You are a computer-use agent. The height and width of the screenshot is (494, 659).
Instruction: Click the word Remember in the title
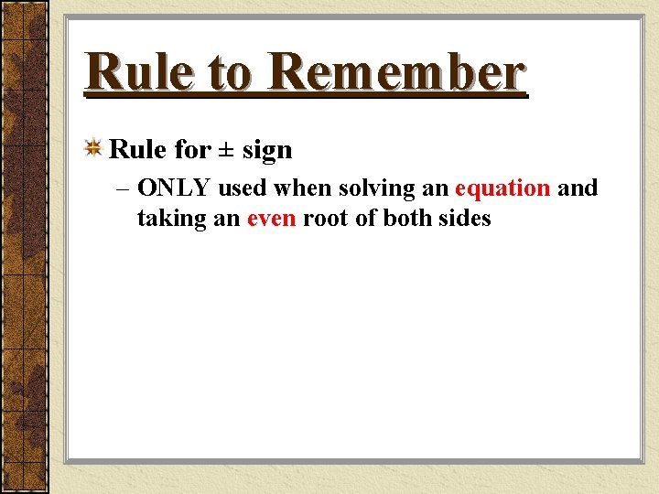[398, 73]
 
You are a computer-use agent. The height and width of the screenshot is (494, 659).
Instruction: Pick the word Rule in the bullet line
[137, 149]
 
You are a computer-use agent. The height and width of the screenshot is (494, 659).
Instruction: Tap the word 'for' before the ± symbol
[192, 149]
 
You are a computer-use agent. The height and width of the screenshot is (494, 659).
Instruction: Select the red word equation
[502, 189]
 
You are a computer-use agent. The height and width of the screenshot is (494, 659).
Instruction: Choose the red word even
[271, 219]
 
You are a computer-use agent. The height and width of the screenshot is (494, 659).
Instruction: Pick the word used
[243, 188]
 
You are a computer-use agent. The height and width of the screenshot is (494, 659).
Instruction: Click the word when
[299, 188]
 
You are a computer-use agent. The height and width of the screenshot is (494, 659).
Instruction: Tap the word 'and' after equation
[578, 188]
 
